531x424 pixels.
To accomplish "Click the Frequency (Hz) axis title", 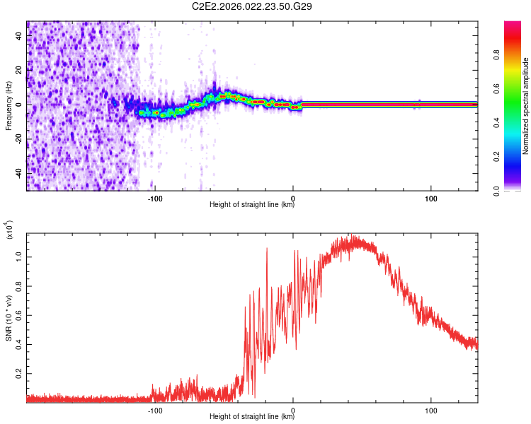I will pyautogui.click(x=8, y=106).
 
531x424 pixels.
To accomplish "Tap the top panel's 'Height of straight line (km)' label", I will pyautogui.click(x=252, y=205).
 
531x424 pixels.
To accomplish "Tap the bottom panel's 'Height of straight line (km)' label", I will pyautogui.click(x=252, y=416).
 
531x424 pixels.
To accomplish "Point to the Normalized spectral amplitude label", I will pyautogui.click(x=526, y=106).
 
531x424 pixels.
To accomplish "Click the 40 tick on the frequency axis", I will pyautogui.click(x=19, y=35).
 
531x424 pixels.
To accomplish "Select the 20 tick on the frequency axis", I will pyautogui.click(x=19, y=70).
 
